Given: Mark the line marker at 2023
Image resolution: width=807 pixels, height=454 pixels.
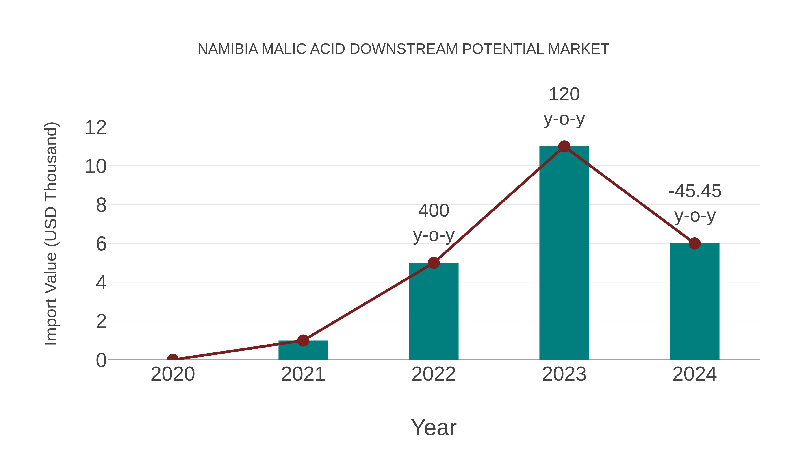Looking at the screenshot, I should (x=564, y=146).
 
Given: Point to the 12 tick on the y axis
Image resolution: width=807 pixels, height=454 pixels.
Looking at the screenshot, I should (x=95, y=128).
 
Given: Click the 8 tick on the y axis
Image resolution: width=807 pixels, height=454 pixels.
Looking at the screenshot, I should (x=101, y=205).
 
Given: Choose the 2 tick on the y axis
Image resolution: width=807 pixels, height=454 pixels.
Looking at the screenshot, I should (x=101, y=321).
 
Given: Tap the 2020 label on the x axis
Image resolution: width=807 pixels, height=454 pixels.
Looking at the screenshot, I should (x=173, y=374).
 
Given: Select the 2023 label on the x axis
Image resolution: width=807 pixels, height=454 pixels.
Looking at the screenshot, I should (x=564, y=374).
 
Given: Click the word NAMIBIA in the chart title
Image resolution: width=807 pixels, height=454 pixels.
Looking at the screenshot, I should (x=228, y=49).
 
